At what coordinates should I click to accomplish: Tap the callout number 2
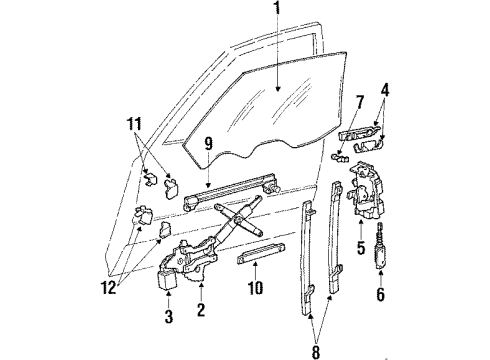tap(201, 311)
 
